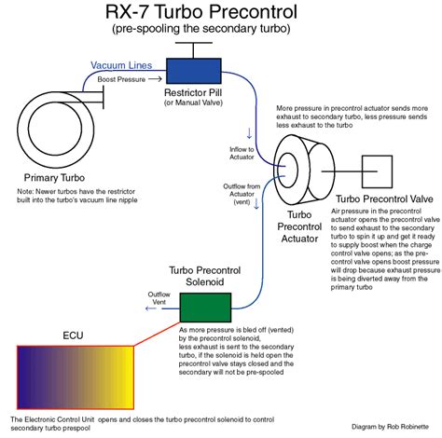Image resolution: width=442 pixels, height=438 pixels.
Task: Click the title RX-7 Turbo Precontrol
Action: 220,15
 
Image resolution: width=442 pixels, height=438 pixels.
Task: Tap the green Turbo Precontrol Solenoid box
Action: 204,307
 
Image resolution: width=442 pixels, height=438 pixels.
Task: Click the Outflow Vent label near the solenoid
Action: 159,297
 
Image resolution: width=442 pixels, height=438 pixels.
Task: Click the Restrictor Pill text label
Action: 191,93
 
